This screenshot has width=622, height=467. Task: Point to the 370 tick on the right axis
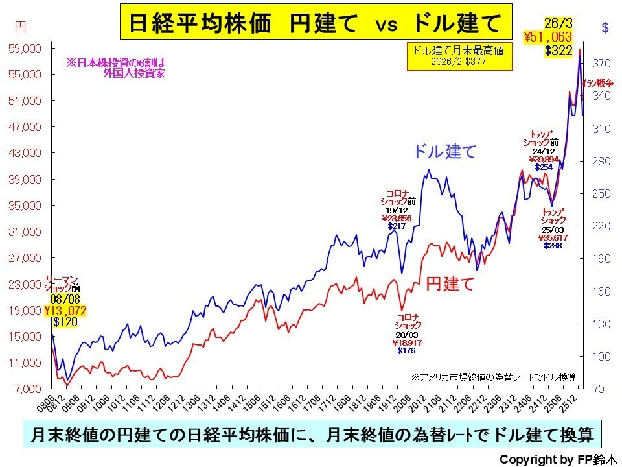point(602,64)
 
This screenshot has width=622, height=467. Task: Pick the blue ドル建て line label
point(445,152)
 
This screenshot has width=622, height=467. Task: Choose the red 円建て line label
point(450,283)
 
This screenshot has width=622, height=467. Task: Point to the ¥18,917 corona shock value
point(408,342)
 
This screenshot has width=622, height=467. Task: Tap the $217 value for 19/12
point(397,226)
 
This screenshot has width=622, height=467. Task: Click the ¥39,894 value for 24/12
point(544,159)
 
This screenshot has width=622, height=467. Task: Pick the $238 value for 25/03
point(553,246)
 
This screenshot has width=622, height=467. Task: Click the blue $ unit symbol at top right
point(605,27)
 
